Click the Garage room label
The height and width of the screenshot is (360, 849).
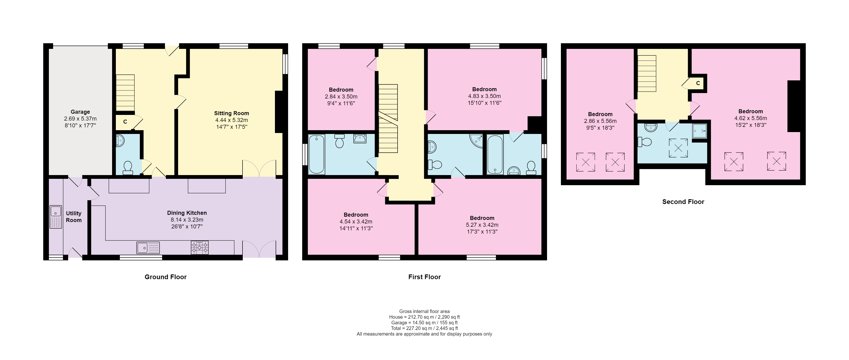pos(80,112)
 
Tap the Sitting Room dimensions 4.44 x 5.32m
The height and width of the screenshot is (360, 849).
pos(231,120)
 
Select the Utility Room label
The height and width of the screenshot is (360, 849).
pos(74,217)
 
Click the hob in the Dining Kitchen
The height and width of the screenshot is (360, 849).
pos(200,248)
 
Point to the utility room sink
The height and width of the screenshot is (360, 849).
pos(55,217)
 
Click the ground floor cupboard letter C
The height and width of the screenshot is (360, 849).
pos(125,122)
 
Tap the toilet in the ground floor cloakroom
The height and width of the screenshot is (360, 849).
pos(128,168)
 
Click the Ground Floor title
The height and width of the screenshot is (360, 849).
pos(165,277)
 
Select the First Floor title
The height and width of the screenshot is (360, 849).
pos(424,277)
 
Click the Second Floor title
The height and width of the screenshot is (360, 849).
pos(683,202)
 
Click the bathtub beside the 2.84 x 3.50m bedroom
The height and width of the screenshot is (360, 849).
pos(316,154)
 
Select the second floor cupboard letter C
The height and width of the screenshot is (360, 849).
pos(698,83)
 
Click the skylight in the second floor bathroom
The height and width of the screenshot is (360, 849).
pos(678,148)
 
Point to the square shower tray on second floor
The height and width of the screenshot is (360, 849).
pos(699,131)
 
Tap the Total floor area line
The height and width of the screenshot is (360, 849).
pos(424,328)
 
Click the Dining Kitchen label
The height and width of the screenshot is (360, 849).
pos(187,213)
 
